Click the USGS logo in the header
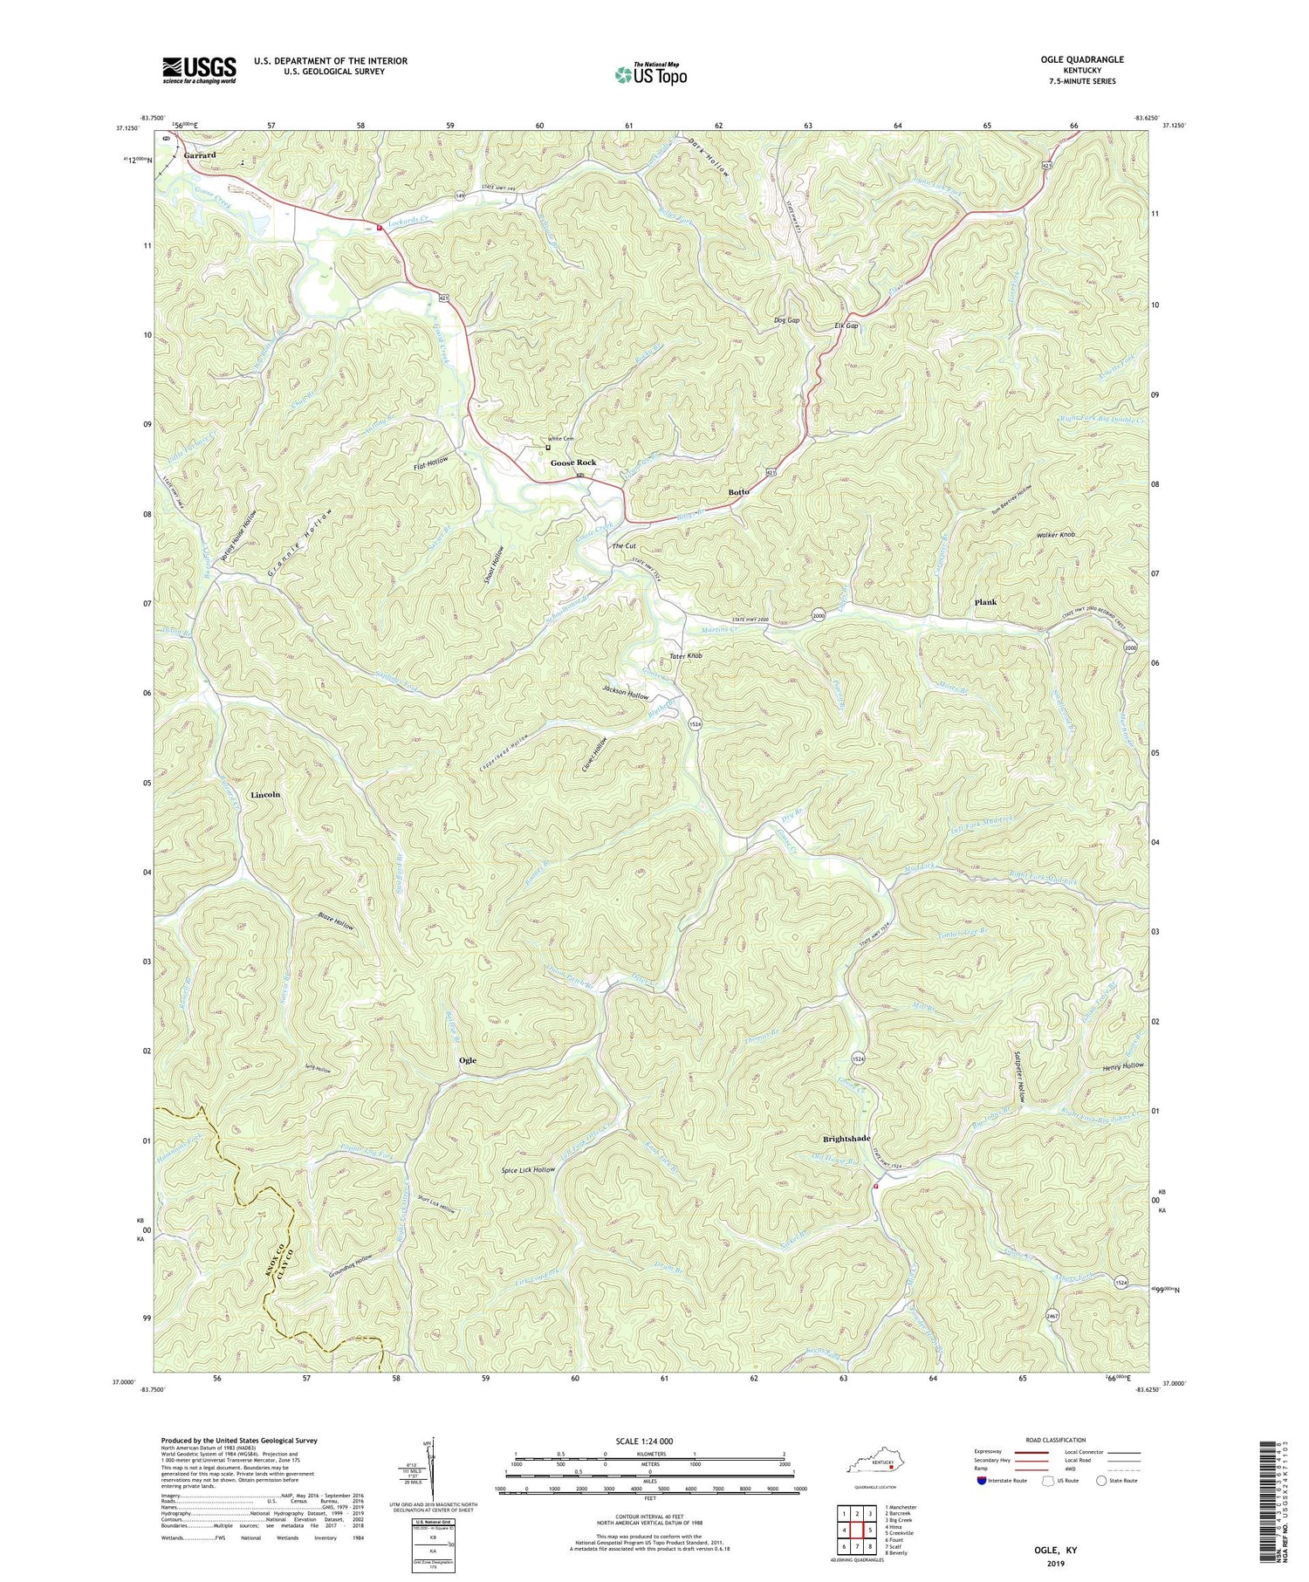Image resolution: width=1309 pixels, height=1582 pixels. point(199,70)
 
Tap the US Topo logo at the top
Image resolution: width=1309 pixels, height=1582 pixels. point(651,75)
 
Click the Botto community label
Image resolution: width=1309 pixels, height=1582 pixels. point(738,492)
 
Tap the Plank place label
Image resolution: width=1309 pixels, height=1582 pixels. point(984,602)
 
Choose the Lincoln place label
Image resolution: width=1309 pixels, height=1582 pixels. point(265,795)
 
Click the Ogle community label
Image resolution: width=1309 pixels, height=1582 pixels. point(468,1060)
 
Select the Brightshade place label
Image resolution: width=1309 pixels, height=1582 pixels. point(846,1139)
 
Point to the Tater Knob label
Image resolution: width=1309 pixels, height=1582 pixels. point(685,655)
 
